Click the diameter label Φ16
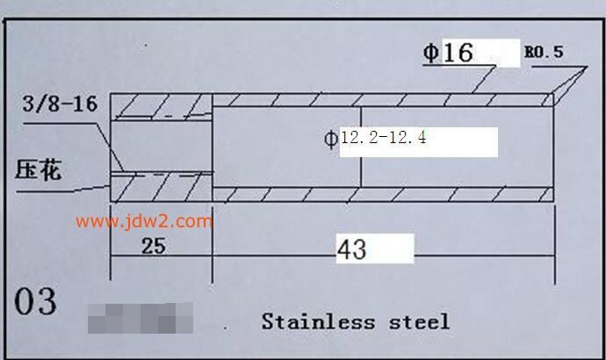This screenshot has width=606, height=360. click(x=449, y=53)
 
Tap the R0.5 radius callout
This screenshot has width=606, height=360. click(x=544, y=53)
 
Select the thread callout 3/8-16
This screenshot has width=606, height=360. click(x=59, y=107)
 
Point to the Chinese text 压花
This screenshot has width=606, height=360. click(x=39, y=169)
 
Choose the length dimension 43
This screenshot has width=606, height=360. click(x=351, y=250)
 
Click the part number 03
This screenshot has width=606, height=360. click(x=36, y=302)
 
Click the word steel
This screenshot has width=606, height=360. click(x=419, y=321)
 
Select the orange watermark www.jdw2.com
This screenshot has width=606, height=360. click(x=144, y=221)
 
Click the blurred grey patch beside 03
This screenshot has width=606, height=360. click(x=141, y=318)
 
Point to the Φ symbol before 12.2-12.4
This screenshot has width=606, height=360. click(x=331, y=139)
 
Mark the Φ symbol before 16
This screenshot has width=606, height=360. click(x=430, y=53)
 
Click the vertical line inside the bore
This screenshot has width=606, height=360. click(x=361, y=146)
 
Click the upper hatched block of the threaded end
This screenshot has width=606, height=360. click(x=162, y=105)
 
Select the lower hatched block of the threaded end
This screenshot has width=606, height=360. click(x=162, y=184)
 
